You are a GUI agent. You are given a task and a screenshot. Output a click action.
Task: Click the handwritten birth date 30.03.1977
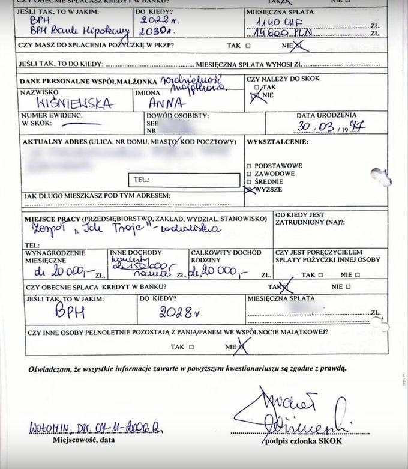(330, 127)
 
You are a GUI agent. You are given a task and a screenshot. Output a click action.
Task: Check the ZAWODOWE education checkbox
(249, 173)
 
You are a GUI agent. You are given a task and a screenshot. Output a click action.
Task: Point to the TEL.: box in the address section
(183, 180)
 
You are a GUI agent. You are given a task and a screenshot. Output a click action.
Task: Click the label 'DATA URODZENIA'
(326, 115)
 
